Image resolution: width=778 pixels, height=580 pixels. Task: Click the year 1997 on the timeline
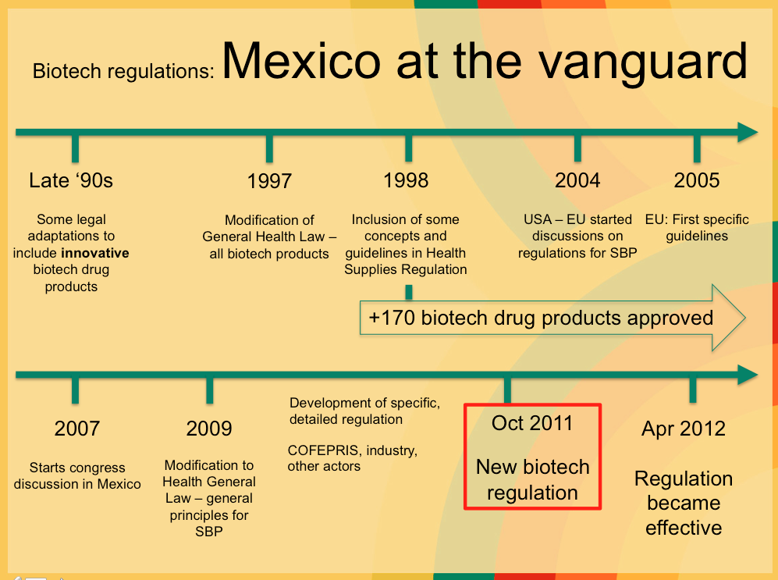coord(269,181)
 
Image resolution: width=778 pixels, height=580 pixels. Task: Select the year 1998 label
coord(406,180)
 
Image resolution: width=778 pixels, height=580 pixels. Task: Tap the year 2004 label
coord(577,180)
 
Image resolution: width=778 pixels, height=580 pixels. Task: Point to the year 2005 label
coord(697,180)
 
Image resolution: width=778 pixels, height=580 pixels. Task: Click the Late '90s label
coord(71,180)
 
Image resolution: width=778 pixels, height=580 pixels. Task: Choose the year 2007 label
coord(77,428)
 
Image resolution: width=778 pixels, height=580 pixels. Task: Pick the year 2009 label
coord(209,428)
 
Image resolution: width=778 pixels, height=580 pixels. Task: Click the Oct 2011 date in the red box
coord(532,423)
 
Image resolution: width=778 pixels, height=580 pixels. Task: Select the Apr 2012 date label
coord(684,428)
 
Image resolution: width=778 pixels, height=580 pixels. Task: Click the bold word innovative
coord(95,253)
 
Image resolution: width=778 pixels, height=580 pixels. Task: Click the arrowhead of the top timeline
coord(748,132)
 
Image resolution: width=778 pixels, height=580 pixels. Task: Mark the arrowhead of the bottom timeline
coord(748,375)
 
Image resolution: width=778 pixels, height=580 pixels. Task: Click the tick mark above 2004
coord(577,148)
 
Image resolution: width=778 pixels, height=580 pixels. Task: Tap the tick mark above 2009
coord(209,390)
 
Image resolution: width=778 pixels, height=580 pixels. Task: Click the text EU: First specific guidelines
coord(697,227)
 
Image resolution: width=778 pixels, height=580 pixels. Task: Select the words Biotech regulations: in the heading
coord(123,71)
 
